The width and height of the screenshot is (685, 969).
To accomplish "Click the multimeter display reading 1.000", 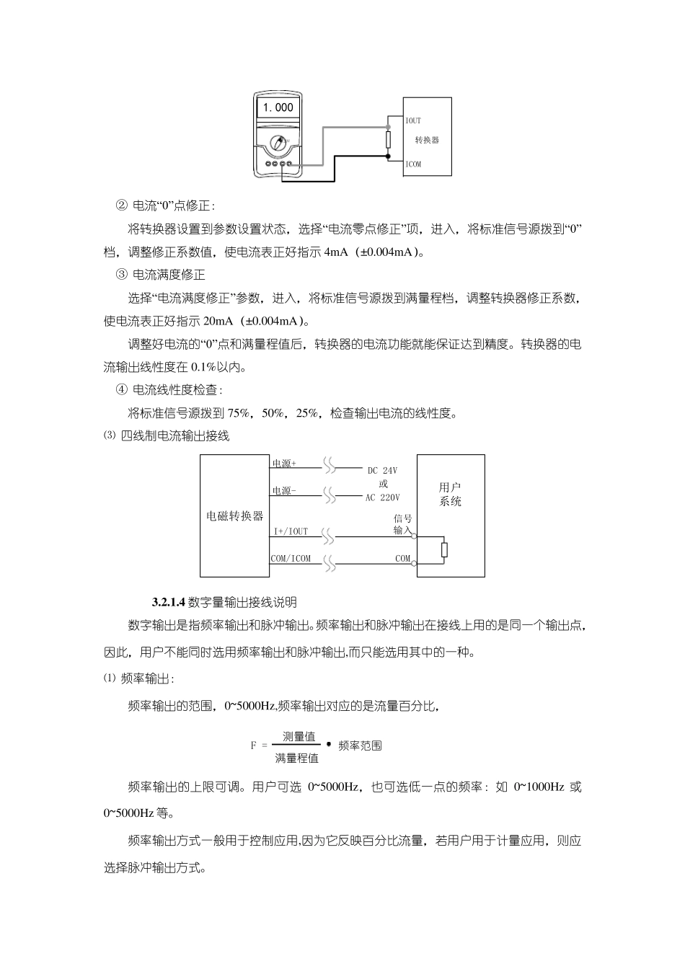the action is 278,107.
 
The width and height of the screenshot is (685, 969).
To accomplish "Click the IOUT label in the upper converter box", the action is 413,120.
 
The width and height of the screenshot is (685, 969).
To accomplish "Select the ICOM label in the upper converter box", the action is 413,164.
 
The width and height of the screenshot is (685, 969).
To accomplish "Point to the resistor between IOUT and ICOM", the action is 388,139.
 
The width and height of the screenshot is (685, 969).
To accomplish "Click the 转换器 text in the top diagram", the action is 427,140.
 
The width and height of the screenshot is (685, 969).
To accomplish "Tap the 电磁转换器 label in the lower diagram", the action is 235,516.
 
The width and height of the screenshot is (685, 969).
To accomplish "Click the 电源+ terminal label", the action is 284,463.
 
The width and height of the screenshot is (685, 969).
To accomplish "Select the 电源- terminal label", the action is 284,491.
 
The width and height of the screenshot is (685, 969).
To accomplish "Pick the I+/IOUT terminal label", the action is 291,531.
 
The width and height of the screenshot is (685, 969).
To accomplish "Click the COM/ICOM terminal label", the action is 291,558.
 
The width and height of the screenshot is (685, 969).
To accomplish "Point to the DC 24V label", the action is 382,471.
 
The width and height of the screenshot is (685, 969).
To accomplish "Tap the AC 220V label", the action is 382,497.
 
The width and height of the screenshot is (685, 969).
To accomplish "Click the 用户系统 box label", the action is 451,494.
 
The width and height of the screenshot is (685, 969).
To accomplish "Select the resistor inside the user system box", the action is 444,549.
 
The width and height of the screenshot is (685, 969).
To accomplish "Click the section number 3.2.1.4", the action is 169,602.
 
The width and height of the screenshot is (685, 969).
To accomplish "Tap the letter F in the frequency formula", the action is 254,745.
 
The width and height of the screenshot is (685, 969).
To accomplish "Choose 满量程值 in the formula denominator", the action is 296,758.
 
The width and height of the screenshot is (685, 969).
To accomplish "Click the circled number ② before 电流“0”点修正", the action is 121,205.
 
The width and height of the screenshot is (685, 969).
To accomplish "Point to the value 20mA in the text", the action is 220,321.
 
